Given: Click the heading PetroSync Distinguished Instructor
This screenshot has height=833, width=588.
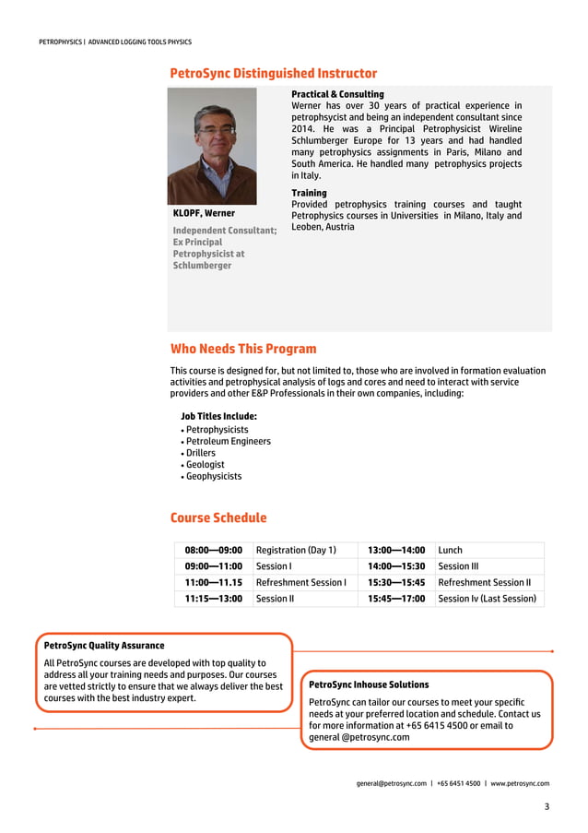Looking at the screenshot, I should (x=274, y=74).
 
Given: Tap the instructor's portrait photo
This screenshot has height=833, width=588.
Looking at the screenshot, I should (x=212, y=146).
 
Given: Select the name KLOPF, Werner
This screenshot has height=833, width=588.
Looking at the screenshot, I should (x=204, y=213).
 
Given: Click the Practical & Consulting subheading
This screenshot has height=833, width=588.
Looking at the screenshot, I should (x=337, y=94).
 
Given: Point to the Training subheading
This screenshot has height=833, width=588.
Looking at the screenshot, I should (x=309, y=193).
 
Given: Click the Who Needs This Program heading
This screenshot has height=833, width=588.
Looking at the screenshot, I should (x=243, y=349).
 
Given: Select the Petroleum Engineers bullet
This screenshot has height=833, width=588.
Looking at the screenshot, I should (x=228, y=441).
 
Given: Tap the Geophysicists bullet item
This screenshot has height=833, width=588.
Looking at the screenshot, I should (x=214, y=476).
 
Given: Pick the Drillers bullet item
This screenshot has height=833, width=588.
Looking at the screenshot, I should (x=200, y=453).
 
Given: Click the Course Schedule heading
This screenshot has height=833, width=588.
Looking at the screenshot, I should (x=218, y=518).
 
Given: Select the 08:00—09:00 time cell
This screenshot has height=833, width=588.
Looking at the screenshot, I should (x=213, y=550).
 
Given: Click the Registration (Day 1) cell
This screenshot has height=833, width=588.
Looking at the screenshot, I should (x=296, y=550).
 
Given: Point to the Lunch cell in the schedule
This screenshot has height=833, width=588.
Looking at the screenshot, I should (x=451, y=550).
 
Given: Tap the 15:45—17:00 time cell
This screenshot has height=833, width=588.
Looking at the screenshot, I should (x=396, y=599).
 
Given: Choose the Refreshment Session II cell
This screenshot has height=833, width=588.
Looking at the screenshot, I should (x=485, y=582).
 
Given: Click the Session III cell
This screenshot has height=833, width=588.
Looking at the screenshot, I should (x=458, y=566).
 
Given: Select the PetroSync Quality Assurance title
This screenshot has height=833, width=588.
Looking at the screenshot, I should (x=104, y=646).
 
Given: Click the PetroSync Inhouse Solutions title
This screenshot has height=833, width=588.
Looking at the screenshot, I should (x=369, y=684).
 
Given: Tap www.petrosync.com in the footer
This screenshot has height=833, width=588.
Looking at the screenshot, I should (x=520, y=783).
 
